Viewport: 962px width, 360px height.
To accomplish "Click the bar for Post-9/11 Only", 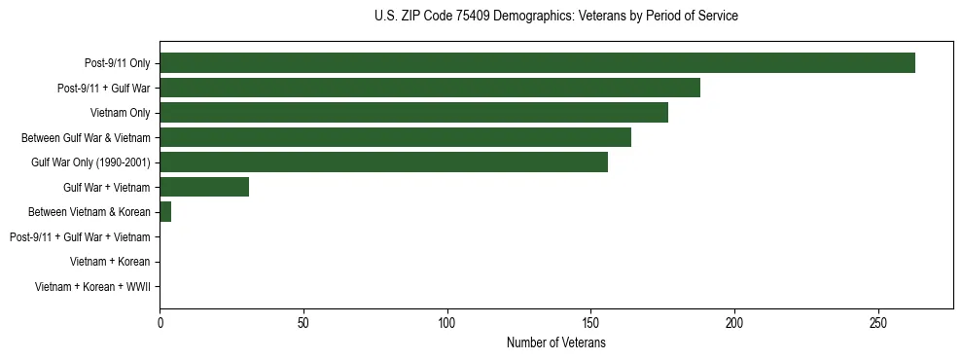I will click(537, 63).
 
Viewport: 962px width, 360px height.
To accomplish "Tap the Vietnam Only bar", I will click(413, 113).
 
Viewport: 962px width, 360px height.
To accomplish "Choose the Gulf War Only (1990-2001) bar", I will click(383, 162).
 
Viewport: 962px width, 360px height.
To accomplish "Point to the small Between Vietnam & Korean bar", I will click(165, 212).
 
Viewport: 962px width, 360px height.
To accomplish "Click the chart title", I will click(555, 17).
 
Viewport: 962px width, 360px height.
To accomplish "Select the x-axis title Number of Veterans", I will click(555, 342).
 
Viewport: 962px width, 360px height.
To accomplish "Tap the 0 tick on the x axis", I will click(160, 322).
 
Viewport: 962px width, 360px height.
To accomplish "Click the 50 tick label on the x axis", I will click(303, 322).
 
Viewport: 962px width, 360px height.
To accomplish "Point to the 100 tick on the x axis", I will click(447, 322).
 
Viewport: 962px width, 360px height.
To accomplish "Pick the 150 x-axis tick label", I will click(590, 322).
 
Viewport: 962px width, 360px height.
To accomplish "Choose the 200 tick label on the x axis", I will click(734, 322).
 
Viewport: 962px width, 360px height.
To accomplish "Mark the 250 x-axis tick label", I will click(878, 322).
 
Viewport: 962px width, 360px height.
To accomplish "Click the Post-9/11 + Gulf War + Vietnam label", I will click(80, 237).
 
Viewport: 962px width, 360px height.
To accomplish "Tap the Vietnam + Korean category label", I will click(110, 262).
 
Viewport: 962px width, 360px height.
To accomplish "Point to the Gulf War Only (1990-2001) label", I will click(90, 162).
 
